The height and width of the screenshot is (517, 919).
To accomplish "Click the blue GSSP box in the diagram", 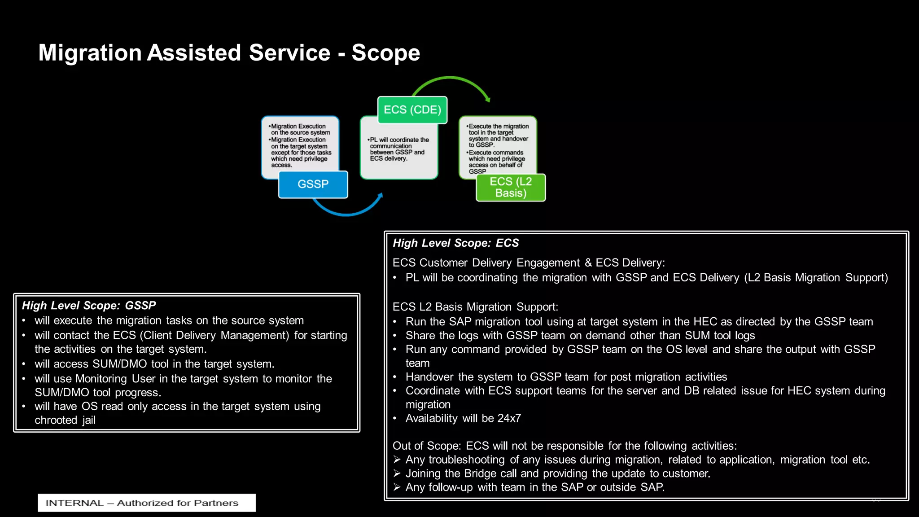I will coord(313,184).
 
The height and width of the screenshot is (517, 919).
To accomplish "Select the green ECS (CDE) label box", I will coord(412,110).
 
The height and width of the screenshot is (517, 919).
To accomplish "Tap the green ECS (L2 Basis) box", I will coord(511,188).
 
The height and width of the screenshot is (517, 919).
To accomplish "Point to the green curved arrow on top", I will coord(451,79).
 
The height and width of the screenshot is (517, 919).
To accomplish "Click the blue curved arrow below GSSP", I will coord(346,211).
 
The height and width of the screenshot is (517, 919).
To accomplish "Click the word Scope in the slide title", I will coord(385,53).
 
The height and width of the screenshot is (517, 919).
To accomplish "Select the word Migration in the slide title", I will coord(90,53).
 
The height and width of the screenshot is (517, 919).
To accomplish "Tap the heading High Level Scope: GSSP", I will coord(89,306).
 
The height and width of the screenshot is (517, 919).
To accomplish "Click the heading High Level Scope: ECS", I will coord(455,243).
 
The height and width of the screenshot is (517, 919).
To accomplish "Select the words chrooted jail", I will coord(65,420).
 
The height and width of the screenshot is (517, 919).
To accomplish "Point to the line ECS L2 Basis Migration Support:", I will coord(475,307).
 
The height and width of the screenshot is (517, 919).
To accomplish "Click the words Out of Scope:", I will coord(426,446).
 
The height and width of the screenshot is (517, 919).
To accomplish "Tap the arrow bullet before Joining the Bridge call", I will coord(397,473).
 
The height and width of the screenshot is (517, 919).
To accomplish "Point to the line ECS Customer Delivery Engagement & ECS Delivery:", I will coord(529,263).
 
